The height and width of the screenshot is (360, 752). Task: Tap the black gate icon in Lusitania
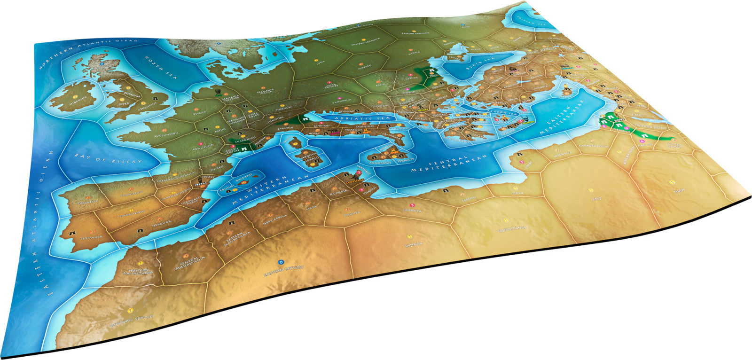click(x=71, y=232)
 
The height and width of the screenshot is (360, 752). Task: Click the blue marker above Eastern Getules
click(x=281, y=261)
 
